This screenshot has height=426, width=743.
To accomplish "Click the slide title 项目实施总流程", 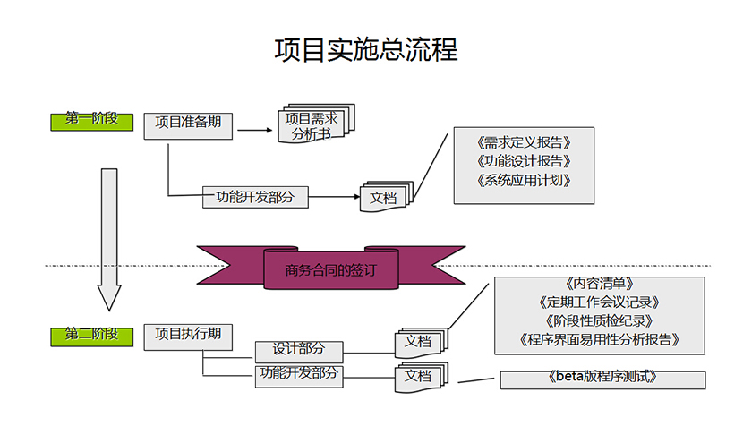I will tap(365, 49).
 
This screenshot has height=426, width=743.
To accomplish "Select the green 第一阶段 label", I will tap(91, 120).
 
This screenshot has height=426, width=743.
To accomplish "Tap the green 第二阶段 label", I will tap(91, 336).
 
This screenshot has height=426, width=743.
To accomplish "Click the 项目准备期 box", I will tap(188, 124).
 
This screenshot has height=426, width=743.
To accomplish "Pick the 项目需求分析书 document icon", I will tap(312, 127).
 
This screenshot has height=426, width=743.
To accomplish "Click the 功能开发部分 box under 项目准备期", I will tap(254, 197).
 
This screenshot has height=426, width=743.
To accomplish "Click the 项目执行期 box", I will tap(188, 336).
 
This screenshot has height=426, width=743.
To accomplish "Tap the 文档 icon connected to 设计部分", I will tap(419, 342).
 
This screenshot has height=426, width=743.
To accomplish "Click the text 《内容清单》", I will tap(600, 285).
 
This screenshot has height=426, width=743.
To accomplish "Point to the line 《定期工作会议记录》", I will tap(600, 303).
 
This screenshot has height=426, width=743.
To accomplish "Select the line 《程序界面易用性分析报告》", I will tap(600, 340).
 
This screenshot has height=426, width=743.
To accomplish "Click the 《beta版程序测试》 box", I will tap(602, 379).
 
